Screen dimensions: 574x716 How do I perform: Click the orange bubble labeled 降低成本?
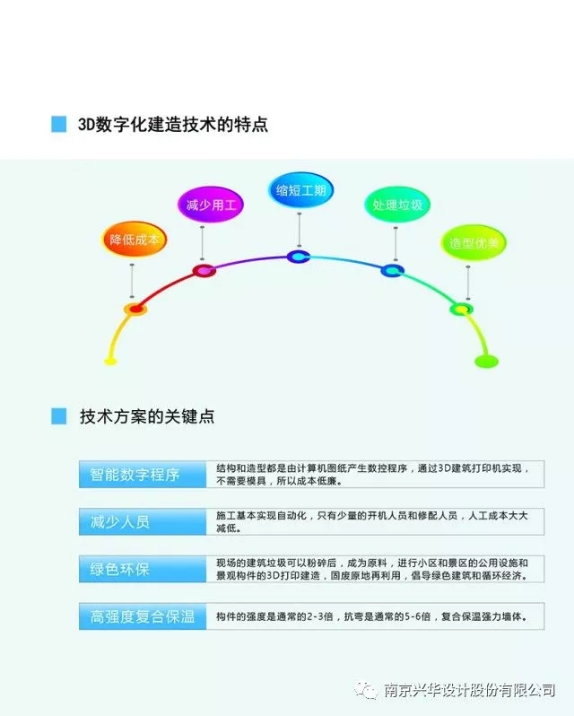tap(134, 239)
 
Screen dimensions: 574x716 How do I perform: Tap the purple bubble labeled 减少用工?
tap(211, 204)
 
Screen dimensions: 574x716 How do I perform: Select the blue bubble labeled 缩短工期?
tap(300, 189)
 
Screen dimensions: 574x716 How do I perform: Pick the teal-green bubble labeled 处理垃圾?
tap(397, 204)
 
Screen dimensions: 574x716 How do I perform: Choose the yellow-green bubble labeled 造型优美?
tap(474, 242)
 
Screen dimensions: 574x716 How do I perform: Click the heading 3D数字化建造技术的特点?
tap(173, 124)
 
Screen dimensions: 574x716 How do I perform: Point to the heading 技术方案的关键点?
tap(147, 416)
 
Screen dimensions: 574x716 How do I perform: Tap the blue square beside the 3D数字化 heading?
tap(59, 124)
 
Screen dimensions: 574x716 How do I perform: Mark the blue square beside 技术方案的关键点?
tap(59, 416)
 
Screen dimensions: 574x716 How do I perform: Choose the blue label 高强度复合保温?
tap(143, 616)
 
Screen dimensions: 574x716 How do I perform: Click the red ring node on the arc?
tap(204, 271)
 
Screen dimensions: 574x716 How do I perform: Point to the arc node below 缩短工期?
tap(299, 257)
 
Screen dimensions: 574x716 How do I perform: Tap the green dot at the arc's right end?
tap(486, 362)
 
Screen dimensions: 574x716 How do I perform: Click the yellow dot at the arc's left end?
tap(110, 362)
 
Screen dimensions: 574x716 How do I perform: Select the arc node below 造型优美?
tap(461, 310)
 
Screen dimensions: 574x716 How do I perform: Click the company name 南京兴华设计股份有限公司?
tap(469, 690)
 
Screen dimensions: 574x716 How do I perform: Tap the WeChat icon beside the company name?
tap(366, 690)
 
